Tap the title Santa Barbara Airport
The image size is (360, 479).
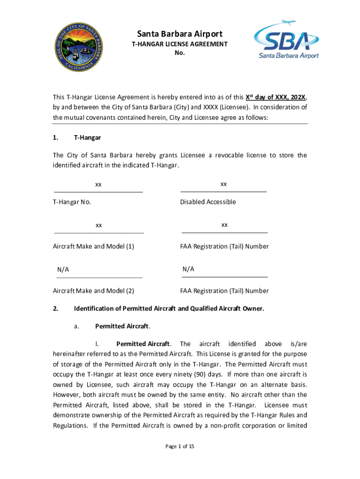pos(180,34)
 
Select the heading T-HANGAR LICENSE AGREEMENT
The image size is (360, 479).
pos(180,44)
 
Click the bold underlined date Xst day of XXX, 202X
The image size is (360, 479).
pos(276,97)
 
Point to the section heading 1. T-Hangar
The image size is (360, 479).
pos(77,138)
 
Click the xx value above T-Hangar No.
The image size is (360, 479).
pos(98,184)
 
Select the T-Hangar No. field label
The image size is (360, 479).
pos(72,202)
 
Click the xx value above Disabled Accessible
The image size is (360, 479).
pos(223,184)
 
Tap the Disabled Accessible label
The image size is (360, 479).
pos(208,202)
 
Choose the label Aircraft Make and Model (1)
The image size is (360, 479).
pos(94,247)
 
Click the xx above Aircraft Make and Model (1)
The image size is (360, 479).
pos(99,225)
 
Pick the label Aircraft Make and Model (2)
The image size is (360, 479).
pos(94,291)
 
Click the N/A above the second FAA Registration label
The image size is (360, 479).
pos(188,269)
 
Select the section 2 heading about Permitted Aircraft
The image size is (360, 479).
pos(169,309)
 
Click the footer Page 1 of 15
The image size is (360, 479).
pos(180,446)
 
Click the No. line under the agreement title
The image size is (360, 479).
pos(180,53)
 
